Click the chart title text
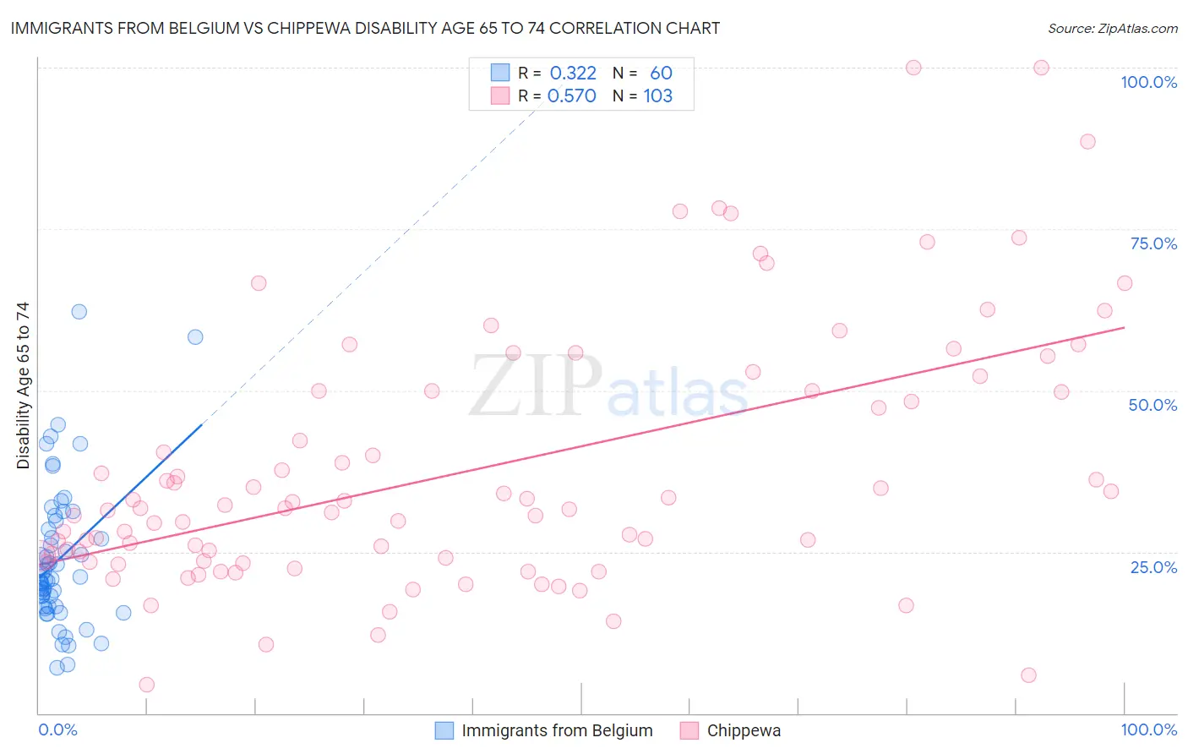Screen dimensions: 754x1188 click(x=365, y=28)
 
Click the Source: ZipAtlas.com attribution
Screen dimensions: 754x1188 click(x=1112, y=28)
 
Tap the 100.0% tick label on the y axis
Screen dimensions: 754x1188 click(x=1148, y=82)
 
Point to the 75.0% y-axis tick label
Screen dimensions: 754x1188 click(x=1153, y=243)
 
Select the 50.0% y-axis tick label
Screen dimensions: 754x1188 click(x=1153, y=405)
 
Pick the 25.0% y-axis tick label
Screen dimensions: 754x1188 click(x=1153, y=567)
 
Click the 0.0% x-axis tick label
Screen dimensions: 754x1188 click(x=57, y=729)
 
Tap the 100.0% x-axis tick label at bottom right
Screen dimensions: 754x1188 click(x=1148, y=729)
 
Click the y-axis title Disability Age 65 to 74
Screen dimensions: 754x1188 click(x=23, y=385)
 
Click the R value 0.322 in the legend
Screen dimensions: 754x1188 click(x=573, y=73)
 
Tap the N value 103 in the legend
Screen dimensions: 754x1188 click(x=657, y=96)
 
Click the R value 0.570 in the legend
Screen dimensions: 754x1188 click(x=572, y=96)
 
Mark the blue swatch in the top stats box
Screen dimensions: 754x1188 click(x=500, y=73)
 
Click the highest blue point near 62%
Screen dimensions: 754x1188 click(x=79, y=311)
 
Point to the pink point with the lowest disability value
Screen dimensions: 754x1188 click(x=146, y=685)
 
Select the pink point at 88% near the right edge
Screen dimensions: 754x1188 click(x=1087, y=141)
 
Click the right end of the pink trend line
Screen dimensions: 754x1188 click(x=1124, y=327)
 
